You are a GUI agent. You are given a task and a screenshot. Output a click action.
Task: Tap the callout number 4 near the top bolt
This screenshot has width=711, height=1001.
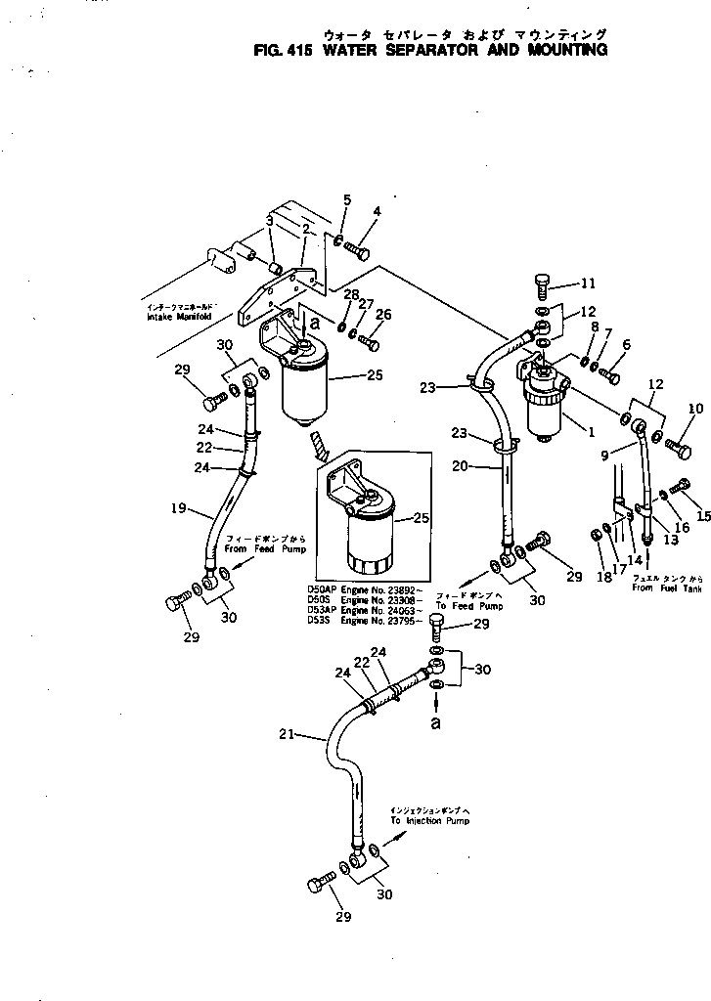[x=377, y=210]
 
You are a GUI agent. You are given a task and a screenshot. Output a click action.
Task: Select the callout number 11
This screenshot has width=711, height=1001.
[x=587, y=284]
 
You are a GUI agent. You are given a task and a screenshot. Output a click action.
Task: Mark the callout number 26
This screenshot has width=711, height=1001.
[x=383, y=314]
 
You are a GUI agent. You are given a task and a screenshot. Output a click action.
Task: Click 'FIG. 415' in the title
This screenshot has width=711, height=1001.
[x=282, y=50]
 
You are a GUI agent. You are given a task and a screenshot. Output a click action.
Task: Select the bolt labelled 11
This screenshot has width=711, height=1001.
[x=544, y=284]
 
